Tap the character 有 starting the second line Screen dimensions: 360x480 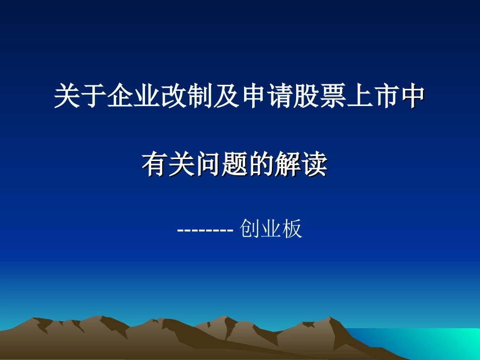155,165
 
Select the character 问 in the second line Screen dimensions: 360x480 208,165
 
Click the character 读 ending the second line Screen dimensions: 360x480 314,165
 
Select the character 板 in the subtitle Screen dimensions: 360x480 292,229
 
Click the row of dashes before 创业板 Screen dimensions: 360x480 205,230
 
